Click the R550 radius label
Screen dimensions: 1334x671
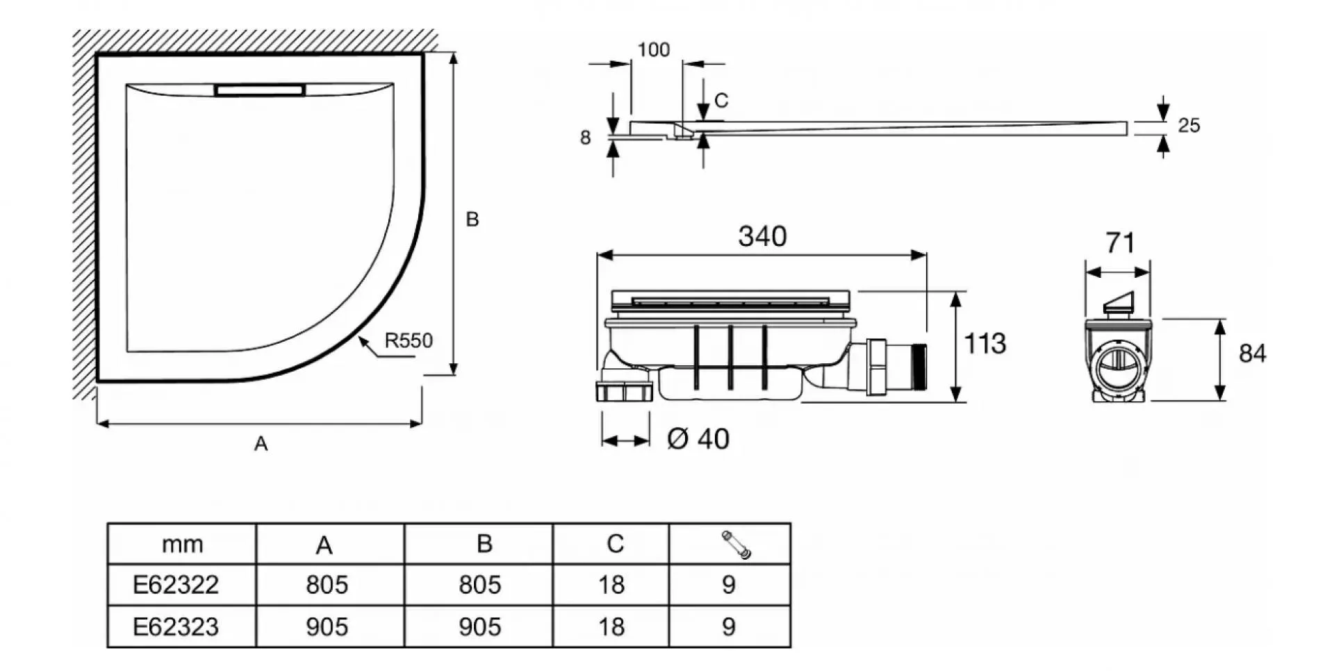pyautogui.click(x=409, y=340)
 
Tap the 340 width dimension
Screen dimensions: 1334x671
pyautogui.click(x=762, y=236)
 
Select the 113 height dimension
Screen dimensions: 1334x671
pyautogui.click(x=985, y=343)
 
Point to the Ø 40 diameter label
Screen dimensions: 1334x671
pyautogui.click(x=698, y=439)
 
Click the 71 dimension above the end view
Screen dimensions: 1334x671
pyautogui.click(x=1120, y=242)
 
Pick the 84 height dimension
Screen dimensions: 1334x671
pyautogui.click(x=1252, y=354)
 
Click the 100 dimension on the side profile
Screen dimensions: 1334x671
pyautogui.click(x=654, y=50)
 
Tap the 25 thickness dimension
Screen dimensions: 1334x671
pyautogui.click(x=1189, y=125)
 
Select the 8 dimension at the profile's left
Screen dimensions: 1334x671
pyautogui.click(x=585, y=138)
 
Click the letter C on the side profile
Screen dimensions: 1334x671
pyautogui.click(x=721, y=101)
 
